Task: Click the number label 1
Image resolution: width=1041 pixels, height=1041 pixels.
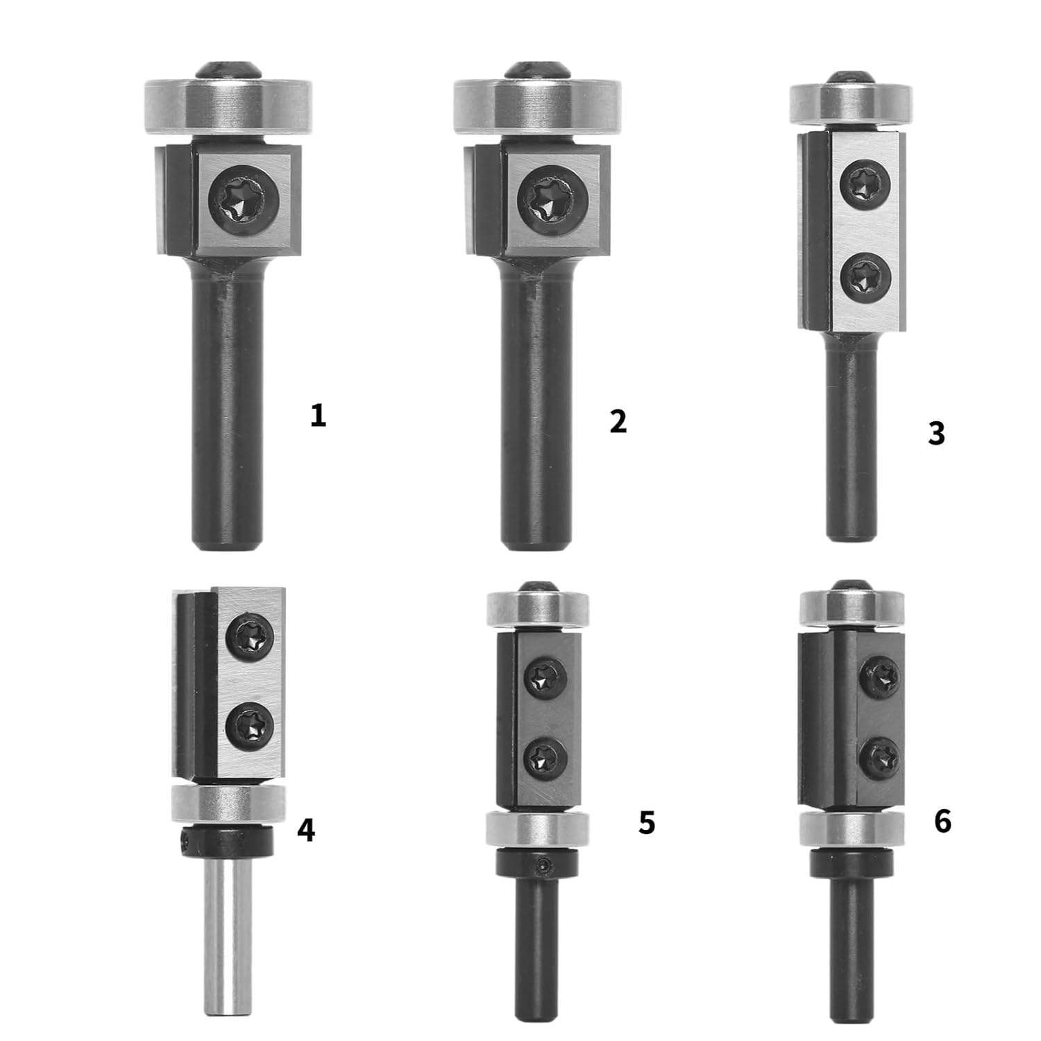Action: coord(318,416)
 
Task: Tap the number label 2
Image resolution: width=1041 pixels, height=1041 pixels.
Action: coord(618,421)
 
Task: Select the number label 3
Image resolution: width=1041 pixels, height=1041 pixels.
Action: coord(936,433)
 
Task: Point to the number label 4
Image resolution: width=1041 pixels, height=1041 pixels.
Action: coord(306,830)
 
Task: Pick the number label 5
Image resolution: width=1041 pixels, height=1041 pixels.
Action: coord(646,823)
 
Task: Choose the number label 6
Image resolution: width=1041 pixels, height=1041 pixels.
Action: coord(942,822)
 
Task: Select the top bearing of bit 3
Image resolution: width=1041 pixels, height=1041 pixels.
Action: coord(851,105)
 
